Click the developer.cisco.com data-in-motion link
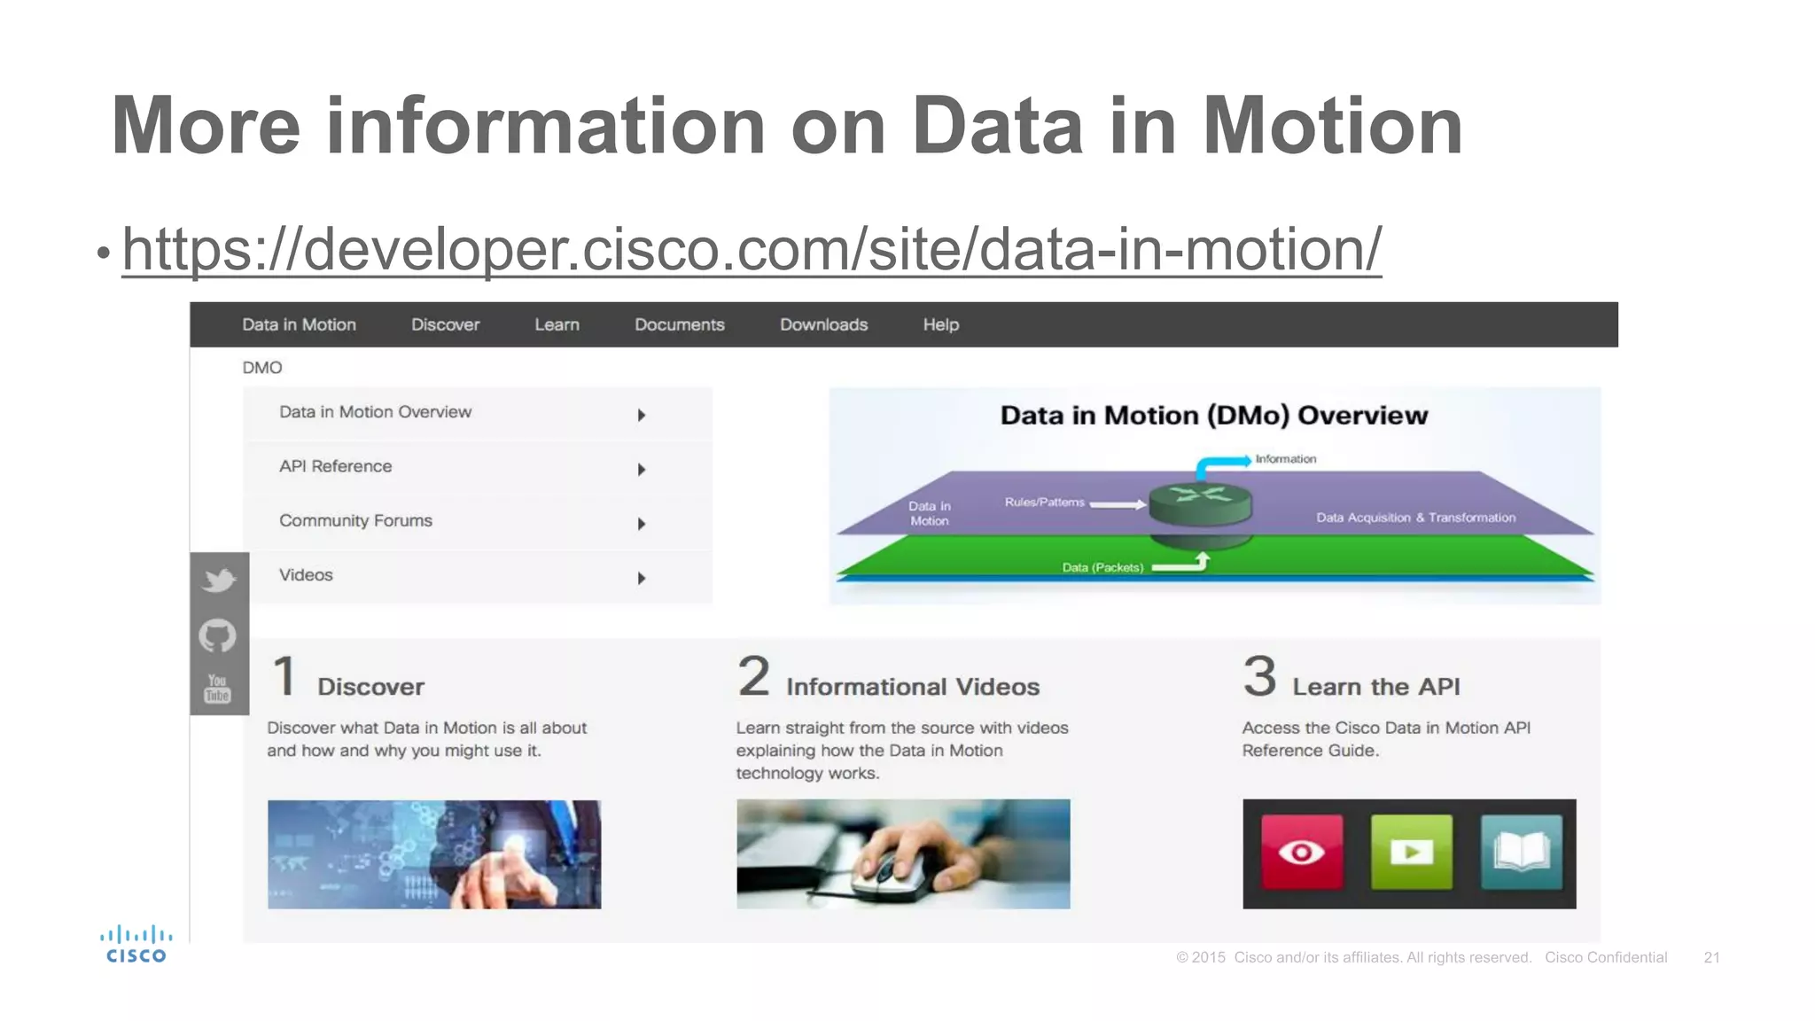752,250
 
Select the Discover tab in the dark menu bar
445,324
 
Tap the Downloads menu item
823,324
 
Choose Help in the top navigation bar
940,324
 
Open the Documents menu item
679,324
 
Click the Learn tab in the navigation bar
557,324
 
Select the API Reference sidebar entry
335,466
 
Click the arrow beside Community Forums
642,524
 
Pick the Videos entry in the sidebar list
306,575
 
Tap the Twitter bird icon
219,581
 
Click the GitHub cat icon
218,635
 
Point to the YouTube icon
218,688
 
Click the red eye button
1301,852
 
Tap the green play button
1411,852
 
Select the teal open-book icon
1521,852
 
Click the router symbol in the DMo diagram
1200,503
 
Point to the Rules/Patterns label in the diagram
1044,503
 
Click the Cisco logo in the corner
136,944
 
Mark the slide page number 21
1711,957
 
